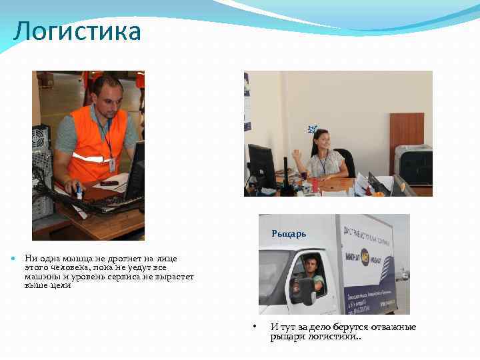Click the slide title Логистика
click(x=77, y=31)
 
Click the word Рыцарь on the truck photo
click(x=289, y=234)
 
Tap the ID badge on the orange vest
click(x=112, y=164)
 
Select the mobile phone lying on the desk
click(x=109, y=183)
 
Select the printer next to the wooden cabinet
click(x=413, y=163)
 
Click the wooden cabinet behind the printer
click(x=406, y=130)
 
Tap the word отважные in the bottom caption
click(x=393, y=327)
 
